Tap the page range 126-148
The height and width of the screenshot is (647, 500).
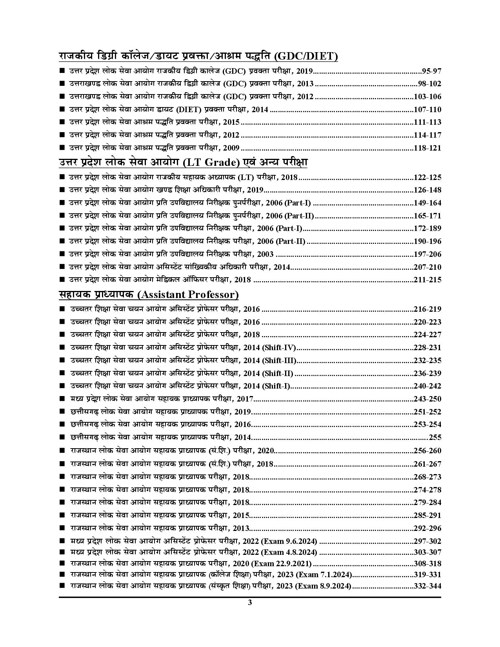(427, 190)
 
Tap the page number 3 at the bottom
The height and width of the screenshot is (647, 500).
(250, 603)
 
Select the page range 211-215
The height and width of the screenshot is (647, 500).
(427, 280)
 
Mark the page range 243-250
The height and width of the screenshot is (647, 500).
(427, 399)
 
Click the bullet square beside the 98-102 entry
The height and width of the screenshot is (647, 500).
(62, 84)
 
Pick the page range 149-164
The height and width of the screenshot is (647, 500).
(427, 203)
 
